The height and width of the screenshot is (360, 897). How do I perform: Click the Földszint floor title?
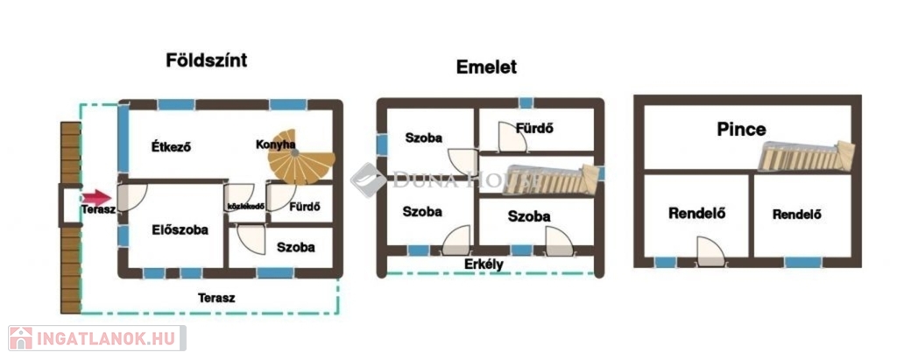207,60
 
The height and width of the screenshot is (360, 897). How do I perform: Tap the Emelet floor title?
486,67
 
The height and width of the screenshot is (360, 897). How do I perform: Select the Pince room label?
741,130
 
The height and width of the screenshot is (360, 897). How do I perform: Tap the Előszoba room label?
180,229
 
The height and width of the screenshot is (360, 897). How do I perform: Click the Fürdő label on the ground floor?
304,208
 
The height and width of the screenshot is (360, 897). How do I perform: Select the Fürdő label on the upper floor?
534,129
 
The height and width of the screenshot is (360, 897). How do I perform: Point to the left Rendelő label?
697,212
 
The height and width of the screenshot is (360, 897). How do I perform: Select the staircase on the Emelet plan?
552,179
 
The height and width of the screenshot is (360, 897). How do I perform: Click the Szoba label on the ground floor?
295,247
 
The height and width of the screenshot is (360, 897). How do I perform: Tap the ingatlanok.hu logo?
96,337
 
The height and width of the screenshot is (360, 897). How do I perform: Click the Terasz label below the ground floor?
216,298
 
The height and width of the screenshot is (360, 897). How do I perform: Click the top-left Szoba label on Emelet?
424,138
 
